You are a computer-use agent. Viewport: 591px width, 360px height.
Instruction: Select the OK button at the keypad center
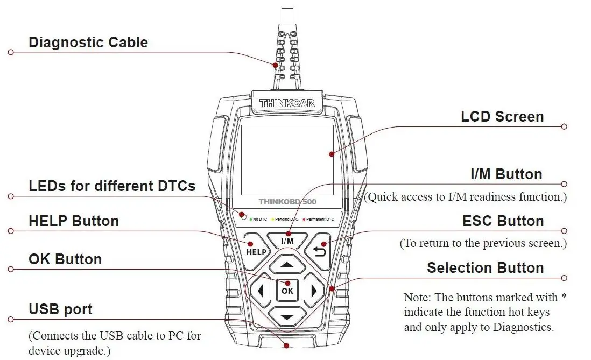tap(287, 291)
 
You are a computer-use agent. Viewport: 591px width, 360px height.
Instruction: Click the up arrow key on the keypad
tap(287, 265)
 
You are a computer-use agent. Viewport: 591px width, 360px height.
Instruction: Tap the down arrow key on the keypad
tap(287, 316)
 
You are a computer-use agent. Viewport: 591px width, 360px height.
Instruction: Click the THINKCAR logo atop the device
tap(287, 103)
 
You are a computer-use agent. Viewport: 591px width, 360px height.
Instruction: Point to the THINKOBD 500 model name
tap(287, 202)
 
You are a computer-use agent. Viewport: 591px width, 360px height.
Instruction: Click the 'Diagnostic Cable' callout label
tap(88, 43)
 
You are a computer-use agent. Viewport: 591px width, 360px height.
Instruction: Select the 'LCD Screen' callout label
tap(502, 117)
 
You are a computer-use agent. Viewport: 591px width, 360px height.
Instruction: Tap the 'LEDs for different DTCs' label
tap(112, 186)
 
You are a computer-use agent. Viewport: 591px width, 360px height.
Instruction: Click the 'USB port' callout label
tap(60, 309)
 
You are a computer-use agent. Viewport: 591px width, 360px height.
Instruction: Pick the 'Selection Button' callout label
tap(485, 268)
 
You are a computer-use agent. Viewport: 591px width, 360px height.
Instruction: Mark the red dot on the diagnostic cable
tap(276, 65)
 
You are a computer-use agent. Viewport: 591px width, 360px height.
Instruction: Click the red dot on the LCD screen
tap(332, 154)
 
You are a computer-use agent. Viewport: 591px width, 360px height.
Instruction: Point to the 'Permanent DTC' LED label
tap(320, 220)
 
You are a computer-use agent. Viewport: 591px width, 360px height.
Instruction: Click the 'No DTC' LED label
tap(260, 220)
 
